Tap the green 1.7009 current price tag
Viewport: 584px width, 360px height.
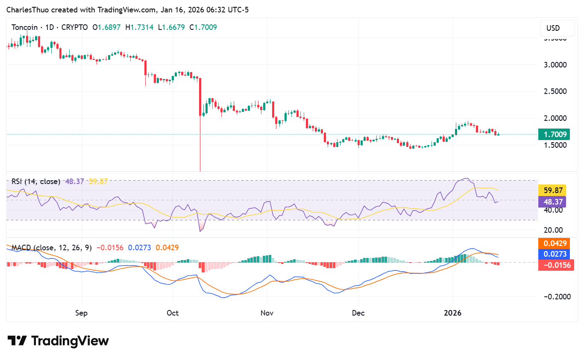555,135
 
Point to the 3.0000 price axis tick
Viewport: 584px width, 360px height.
555,65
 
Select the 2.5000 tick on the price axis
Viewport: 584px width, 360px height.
555,91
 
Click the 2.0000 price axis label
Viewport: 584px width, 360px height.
555,118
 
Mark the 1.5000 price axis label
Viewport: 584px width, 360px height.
555,145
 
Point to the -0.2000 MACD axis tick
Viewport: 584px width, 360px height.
555,297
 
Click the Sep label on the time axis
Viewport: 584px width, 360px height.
81,313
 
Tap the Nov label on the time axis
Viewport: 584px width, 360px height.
267,313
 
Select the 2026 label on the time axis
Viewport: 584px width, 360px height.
453,313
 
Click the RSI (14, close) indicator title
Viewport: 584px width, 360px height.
36,181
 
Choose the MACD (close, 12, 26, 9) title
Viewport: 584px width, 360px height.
51,247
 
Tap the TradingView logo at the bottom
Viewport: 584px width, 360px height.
59,341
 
